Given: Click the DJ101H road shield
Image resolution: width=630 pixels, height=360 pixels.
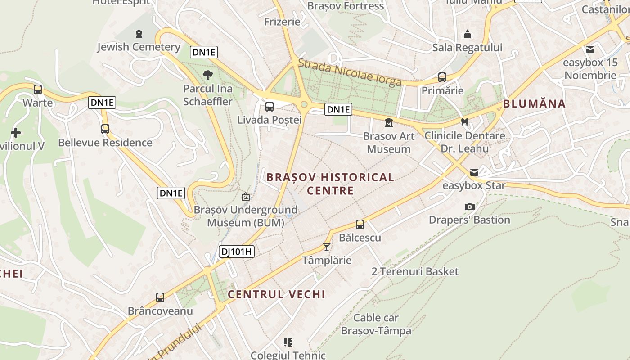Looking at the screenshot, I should (x=237, y=252).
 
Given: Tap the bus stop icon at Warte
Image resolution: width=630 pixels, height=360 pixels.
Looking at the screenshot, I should (x=38, y=89).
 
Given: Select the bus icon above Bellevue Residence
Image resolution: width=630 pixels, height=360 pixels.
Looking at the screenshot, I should (x=105, y=129).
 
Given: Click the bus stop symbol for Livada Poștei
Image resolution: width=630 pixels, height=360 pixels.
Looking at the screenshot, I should (x=270, y=107).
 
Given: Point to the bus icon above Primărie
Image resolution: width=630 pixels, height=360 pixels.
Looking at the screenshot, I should (x=442, y=77).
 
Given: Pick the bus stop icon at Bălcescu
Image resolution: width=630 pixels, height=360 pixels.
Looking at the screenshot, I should (x=360, y=225).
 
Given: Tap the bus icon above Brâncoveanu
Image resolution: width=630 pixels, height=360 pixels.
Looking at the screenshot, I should (x=160, y=297).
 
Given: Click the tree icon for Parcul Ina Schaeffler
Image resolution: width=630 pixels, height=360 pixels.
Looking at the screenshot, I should (x=208, y=75).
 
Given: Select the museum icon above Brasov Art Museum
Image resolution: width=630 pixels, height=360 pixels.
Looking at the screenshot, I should (x=389, y=122).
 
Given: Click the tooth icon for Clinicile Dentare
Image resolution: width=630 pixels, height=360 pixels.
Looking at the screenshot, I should (x=465, y=122).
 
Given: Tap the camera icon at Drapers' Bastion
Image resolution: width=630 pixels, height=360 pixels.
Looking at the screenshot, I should (x=470, y=207).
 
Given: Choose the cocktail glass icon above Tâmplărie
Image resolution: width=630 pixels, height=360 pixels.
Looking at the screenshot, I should (x=327, y=247).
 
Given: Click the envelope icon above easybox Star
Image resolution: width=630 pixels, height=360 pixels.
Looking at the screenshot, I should (x=474, y=172).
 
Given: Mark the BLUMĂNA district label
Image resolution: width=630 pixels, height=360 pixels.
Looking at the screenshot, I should (x=534, y=104).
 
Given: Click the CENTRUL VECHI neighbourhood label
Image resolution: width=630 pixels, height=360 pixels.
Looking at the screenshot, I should (x=276, y=294).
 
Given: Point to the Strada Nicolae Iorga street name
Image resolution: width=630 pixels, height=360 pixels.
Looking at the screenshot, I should (x=350, y=72).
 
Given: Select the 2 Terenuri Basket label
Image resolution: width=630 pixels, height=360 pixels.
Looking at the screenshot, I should (x=415, y=271).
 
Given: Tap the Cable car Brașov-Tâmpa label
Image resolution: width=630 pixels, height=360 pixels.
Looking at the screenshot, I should (x=376, y=324).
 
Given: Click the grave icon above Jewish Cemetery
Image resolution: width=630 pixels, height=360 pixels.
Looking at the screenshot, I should (x=139, y=33).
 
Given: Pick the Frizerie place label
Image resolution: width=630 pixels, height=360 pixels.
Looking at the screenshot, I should (x=282, y=22).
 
